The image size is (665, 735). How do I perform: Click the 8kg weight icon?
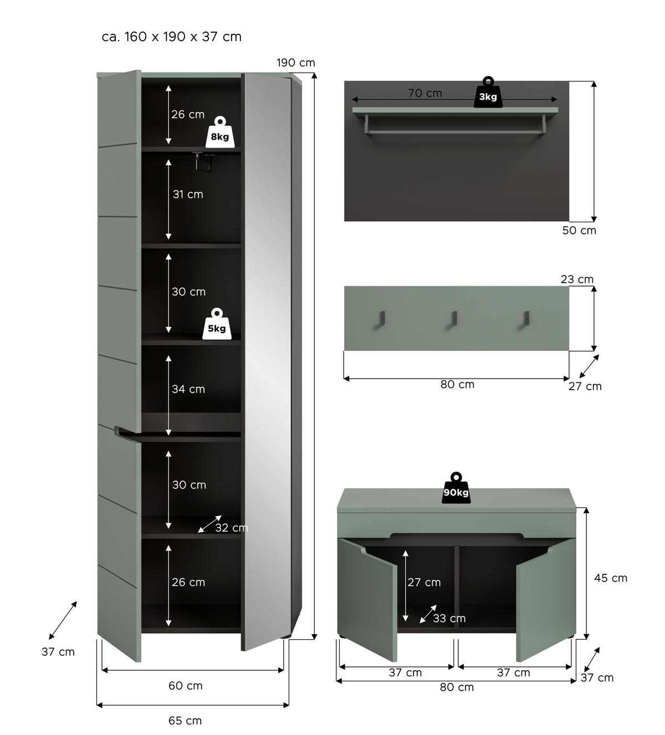click(x=219, y=132)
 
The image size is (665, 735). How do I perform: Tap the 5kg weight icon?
click(x=217, y=324)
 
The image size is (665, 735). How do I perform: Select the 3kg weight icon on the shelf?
click(x=488, y=93)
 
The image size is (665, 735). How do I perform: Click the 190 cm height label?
click(x=296, y=63)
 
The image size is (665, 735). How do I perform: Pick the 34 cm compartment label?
click(x=188, y=389)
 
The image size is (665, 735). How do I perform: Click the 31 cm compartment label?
click(x=188, y=194)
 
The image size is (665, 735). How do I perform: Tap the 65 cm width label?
click(x=185, y=721)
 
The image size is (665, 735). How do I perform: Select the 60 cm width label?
click(x=185, y=686)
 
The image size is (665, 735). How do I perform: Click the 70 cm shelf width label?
click(x=425, y=93)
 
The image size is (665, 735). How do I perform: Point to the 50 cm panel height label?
click(x=579, y=231)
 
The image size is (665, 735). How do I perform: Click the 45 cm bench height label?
click(x=611, y=578)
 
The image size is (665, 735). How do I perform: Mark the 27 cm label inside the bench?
click(x=424, y=582)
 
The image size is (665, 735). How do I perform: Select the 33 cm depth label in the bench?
click(x=449, y=618)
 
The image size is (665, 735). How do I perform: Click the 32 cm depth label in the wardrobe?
click(x=231, y=528)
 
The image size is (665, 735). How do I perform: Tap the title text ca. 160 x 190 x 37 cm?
click(x=171, y=37)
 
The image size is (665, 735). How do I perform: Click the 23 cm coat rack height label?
click(x=577, y=279)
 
